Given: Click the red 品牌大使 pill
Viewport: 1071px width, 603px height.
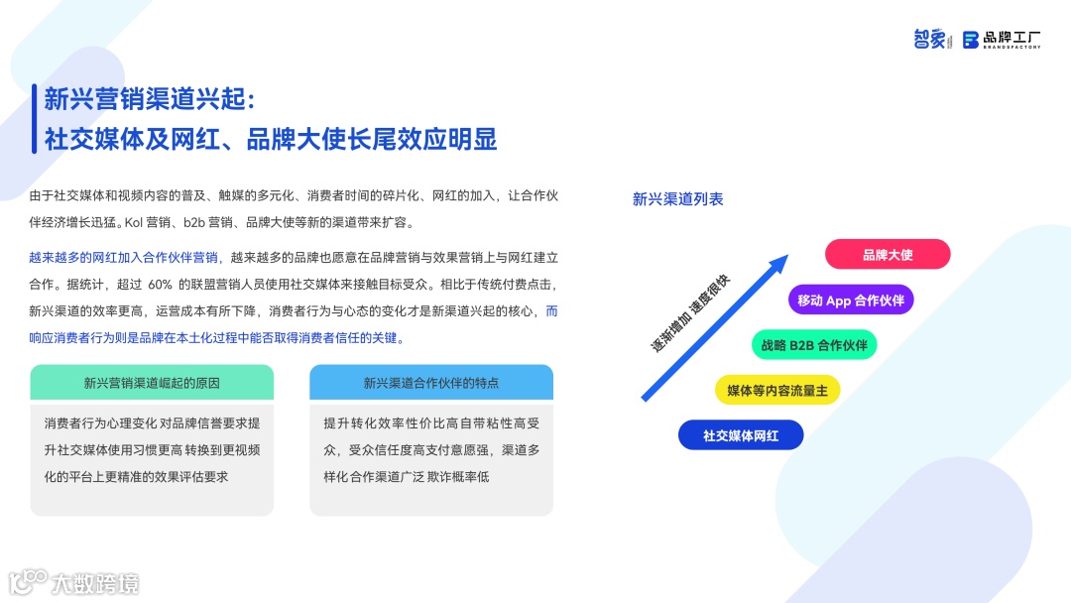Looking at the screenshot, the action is tap(888, 255).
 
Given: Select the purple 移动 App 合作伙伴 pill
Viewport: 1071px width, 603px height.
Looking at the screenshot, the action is tap(851, 300).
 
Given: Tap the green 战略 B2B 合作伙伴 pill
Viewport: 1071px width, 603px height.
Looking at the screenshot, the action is tap(814, 345).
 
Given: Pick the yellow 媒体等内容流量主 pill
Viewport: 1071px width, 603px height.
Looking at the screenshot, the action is tap(777, 390).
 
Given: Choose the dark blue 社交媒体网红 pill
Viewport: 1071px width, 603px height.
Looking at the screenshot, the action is tap(741, 435).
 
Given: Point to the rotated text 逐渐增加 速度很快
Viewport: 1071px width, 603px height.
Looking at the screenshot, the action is tap(690, 313).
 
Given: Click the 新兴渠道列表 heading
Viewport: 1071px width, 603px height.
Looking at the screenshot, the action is tap(678, 199).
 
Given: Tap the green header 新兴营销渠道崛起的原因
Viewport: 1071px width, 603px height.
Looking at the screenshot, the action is tap(152, 383).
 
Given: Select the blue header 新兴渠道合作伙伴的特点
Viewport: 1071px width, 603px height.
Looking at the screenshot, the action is tap(431, 383).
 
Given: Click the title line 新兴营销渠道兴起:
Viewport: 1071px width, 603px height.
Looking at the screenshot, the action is tap(151, 100).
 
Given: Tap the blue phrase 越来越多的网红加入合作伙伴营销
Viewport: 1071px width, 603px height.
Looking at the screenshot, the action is tap(124, 258).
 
